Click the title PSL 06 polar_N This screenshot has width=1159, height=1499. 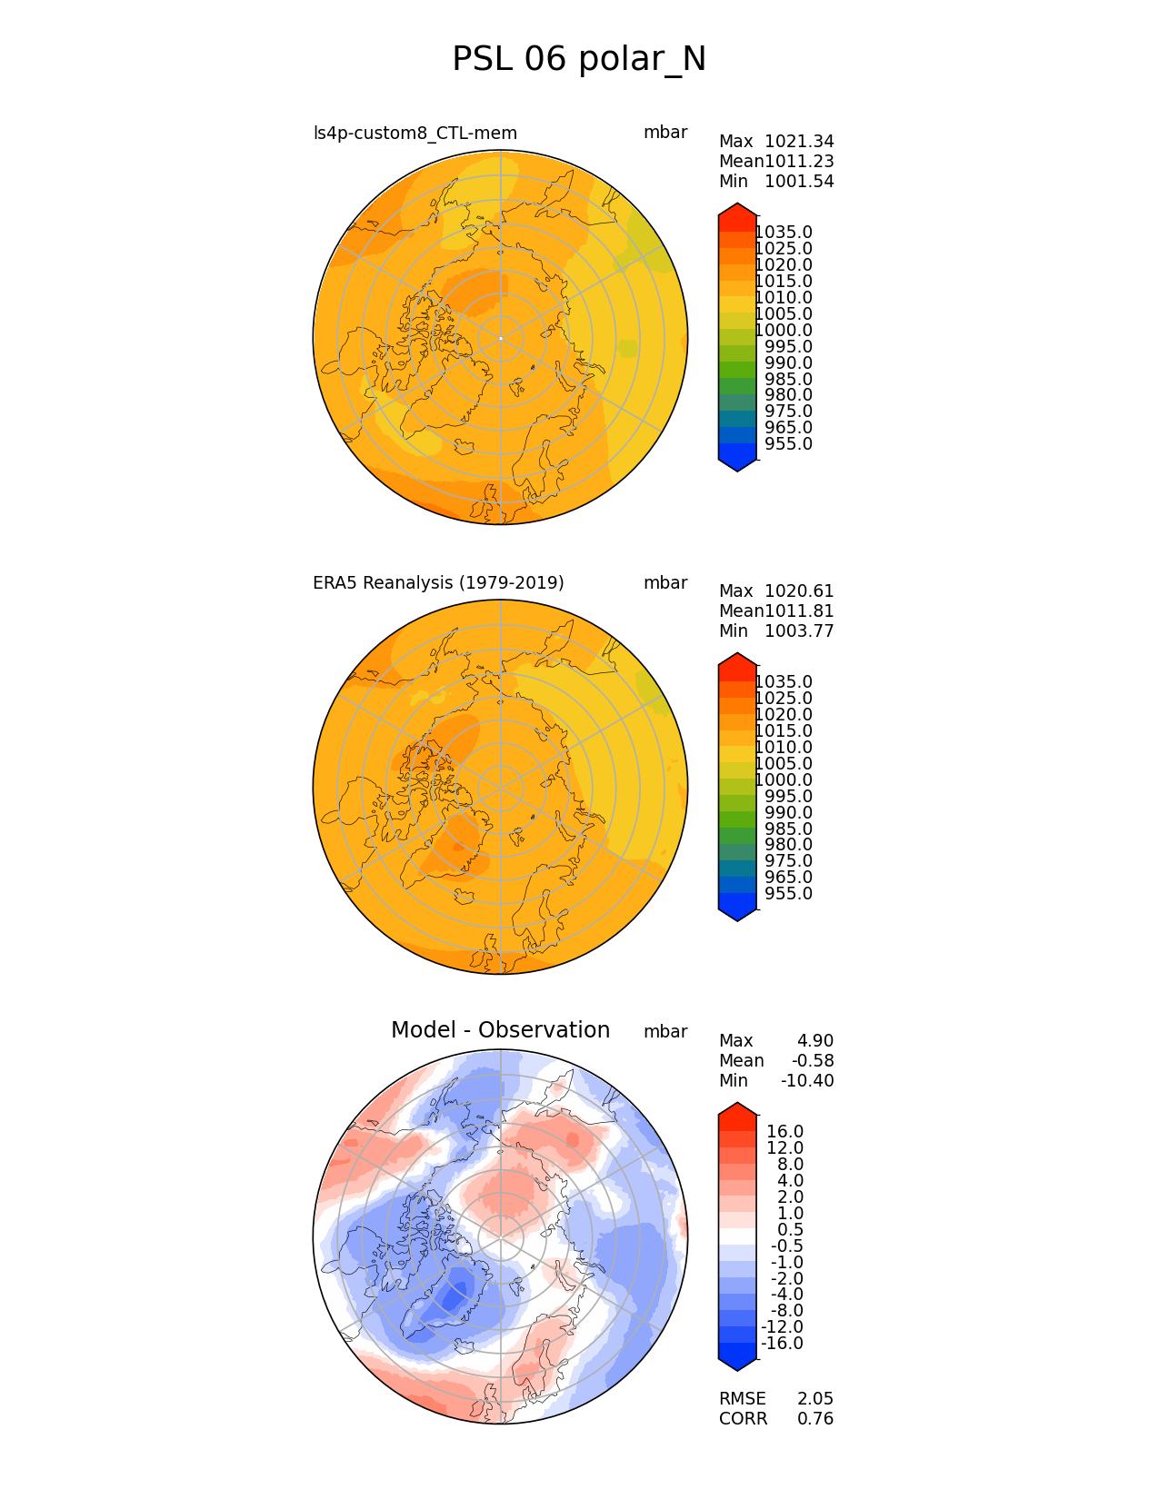click(x=579, y=59)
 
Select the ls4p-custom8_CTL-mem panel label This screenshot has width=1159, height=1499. click(x=415, y=134)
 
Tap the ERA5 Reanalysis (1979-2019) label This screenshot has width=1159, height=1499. click(x=438, y=583)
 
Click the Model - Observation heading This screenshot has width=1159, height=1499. click(x=500, y=1030)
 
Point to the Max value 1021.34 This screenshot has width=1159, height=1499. click(x=799, y=142)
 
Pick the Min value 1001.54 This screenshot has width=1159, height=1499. click(x=799, y=182)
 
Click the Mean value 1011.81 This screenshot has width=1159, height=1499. click(x=799, y=611)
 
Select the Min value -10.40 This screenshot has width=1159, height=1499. click(x=807, y=1081)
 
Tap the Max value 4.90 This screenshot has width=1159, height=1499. click(x=814, y=1041)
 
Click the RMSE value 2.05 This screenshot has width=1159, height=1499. click(x=815, y=1399)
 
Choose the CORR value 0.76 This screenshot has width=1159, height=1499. click(x=815, y=1419)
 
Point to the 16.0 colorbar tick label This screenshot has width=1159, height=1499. click(x=784, y=1132)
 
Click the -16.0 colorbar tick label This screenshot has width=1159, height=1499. click(x=782, y=1344)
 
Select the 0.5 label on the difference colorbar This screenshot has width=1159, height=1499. click(x=789, y=1230)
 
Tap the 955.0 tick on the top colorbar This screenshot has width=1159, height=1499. click(x=788, y=444)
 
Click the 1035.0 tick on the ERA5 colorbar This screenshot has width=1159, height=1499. click(x=784, y=682)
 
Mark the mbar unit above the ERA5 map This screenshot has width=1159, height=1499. click(x=665, y=583)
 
